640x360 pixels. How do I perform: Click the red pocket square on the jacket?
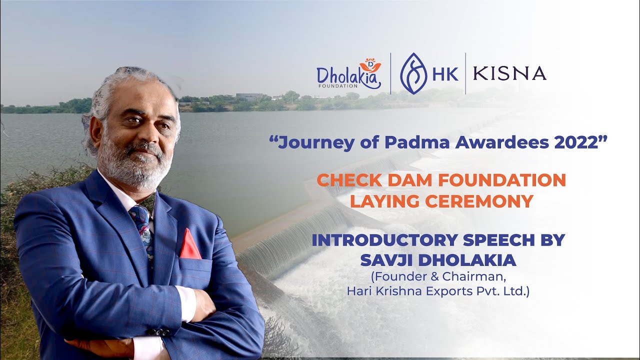tap(190, 245)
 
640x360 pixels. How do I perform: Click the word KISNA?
tap(509, 73)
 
